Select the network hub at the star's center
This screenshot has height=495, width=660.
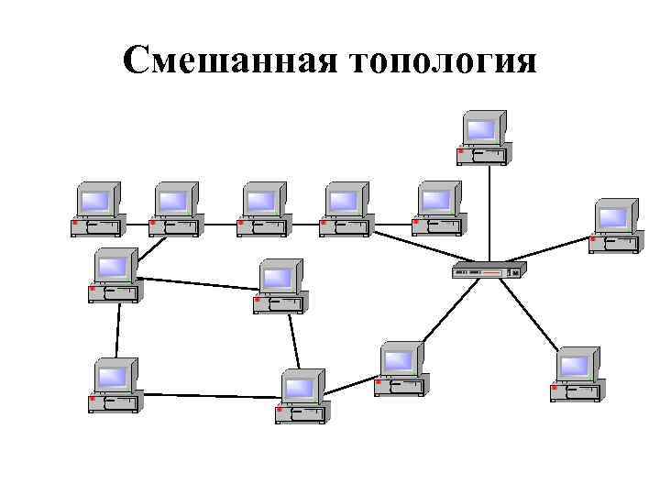(x=489, y=271)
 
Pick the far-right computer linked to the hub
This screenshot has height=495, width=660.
(x=614, y=225)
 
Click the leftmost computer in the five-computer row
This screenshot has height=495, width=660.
(x=97, y=209)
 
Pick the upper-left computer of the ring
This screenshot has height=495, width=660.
(x=115, y=275)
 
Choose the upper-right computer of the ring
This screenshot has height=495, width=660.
(x=280, y=286)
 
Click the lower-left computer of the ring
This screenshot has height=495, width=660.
(x=115, y=385)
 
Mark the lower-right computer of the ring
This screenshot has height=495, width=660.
(x=302, y=395)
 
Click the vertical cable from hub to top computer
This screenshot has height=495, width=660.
(x=489, y=211)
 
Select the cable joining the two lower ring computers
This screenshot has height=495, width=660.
(x=209, y=396)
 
